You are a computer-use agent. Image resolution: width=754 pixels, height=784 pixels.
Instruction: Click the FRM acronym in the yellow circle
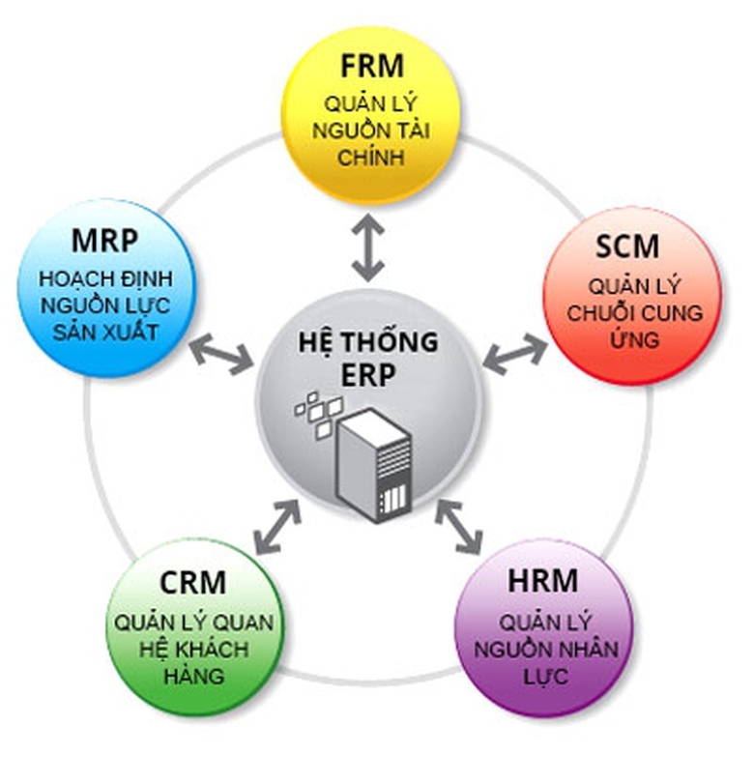pos(371,68)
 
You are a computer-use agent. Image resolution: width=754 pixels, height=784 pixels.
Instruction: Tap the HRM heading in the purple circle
pos(542,581)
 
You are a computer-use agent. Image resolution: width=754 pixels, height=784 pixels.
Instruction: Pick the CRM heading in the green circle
pos(192,583)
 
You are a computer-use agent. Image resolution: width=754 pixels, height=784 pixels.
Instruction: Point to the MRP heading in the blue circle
pos(105,240)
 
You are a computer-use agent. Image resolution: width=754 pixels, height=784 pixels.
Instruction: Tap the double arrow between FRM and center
pos(367,248)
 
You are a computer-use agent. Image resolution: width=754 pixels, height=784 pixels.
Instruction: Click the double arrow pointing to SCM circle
pos(514,353)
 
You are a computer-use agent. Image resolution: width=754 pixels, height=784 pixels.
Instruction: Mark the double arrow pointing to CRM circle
pos(276,527)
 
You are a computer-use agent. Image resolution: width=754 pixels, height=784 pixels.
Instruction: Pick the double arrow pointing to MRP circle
pos(220,352)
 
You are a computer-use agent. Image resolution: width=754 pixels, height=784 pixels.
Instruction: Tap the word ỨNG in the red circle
pos(634,340)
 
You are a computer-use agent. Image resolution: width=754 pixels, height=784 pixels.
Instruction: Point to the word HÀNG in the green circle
pos(193,674)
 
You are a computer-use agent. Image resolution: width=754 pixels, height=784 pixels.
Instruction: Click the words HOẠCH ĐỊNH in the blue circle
pos(105,279)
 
